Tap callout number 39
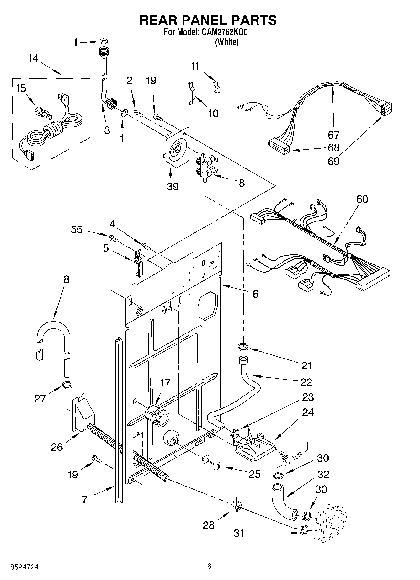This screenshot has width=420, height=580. [173, 186]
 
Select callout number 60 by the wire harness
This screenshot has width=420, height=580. [362, 199]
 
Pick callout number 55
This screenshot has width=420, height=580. [77, 230]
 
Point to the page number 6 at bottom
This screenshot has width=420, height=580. [209, 566]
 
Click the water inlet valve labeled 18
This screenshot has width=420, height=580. [205, 166]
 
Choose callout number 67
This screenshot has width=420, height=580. [333, 135]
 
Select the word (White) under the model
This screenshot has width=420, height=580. [226, 42]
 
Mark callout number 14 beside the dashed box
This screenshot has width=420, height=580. [33, 58]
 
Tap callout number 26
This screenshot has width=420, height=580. [57, 447]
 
